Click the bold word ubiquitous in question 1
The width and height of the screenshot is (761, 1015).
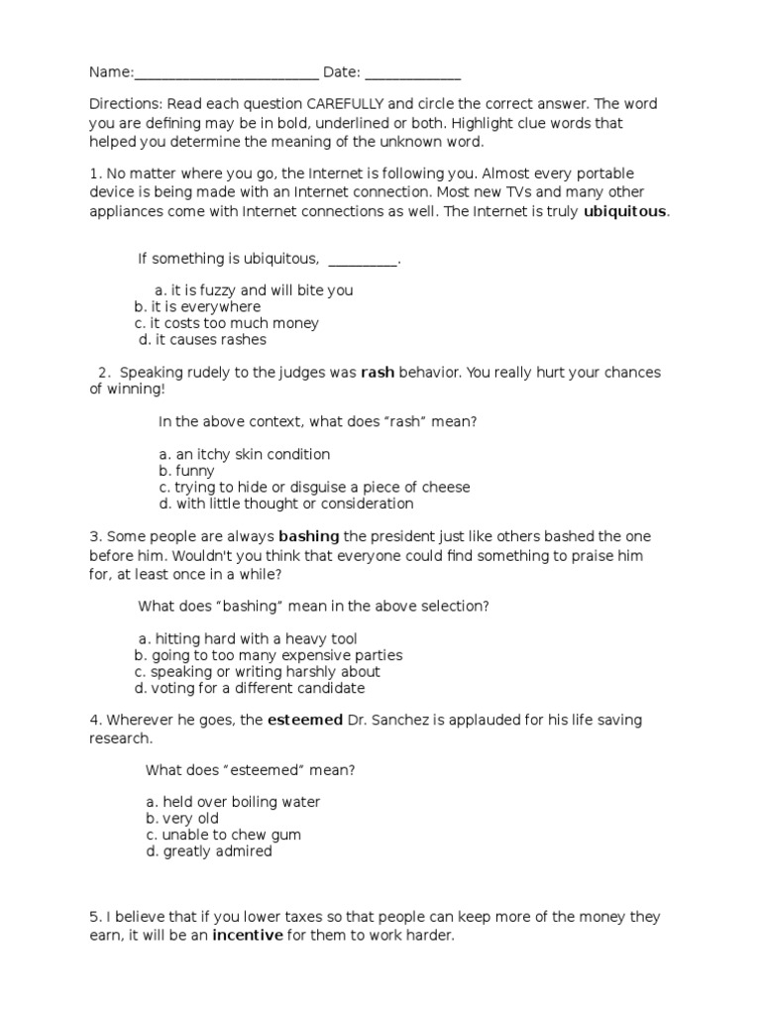pyautogui.click(x=626, y=211)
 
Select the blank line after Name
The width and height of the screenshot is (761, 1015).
pyautogui.click(x=226, y=73)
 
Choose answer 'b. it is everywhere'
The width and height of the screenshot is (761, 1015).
pyautogui.click(x=198, y=307)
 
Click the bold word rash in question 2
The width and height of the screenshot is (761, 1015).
pyautogui.click(x=378, y=373)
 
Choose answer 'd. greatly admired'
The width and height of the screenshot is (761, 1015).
pyautogui.click(x=208, y=851)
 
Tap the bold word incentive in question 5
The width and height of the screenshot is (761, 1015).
pyautogui.click(x=247, y=935)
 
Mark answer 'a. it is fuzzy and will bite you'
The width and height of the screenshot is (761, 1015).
pyautogui.click(x=254, y=290)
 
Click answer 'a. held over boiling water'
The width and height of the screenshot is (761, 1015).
pyautogui.click(x=233, y=802)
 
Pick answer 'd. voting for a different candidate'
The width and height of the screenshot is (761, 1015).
pyautogui.click(x=250, y=688)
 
